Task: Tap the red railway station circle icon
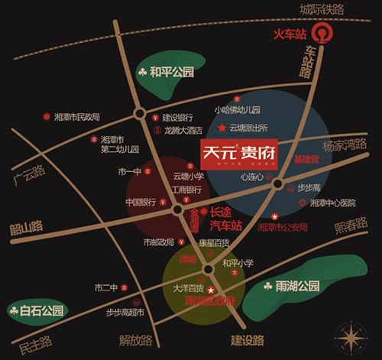click(326, 34)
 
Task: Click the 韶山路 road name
click(24, 228)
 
